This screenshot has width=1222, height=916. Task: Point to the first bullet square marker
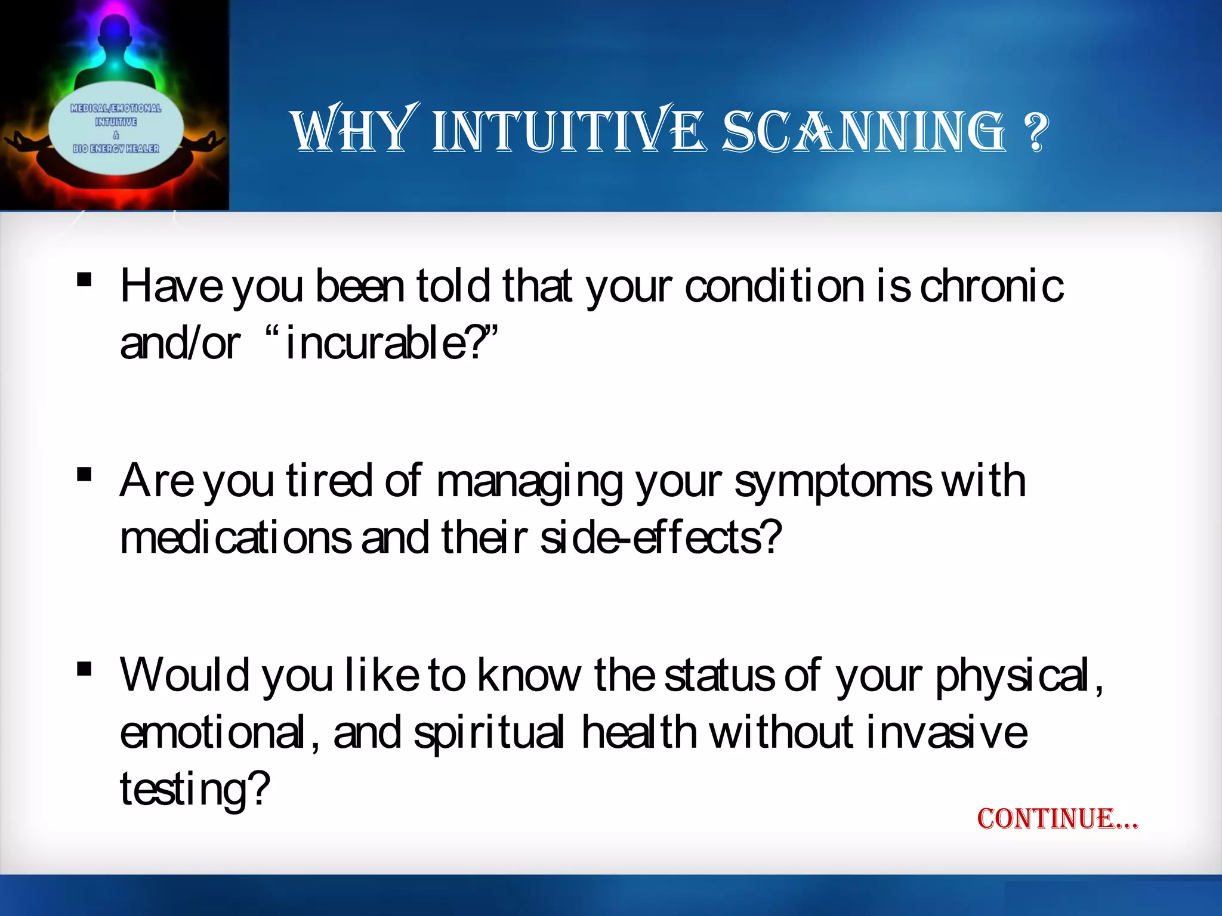[x=84, y=279]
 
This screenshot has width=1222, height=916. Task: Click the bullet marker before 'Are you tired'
[x=84, y=474]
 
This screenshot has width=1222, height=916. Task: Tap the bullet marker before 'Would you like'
[x=84, y=669]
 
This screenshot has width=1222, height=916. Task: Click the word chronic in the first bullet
[x=991, y=287]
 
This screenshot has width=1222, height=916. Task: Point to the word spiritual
[x=488, y=734]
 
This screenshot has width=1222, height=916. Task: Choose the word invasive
[x=946, y=734]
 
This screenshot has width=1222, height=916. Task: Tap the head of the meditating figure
[x=115, y=30]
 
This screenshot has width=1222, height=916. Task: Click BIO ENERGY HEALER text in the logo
[x=116, y=148]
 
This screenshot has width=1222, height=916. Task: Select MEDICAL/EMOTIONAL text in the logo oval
[x=116, y=108]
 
